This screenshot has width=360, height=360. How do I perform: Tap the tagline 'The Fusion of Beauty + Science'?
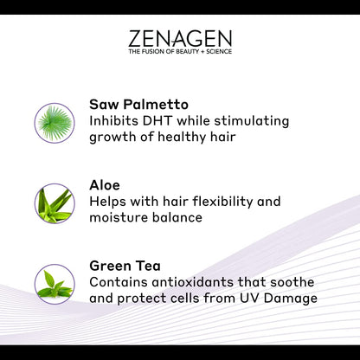(180, 52)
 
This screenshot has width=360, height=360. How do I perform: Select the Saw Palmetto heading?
(138, 105)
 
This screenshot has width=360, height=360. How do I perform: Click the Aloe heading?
(106, 185)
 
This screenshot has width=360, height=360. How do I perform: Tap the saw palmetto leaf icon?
(55, 122)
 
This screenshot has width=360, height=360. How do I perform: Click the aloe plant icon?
(55, 202)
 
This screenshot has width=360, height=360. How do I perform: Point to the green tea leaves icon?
(55, 283)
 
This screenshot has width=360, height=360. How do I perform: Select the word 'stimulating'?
(247, 120)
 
